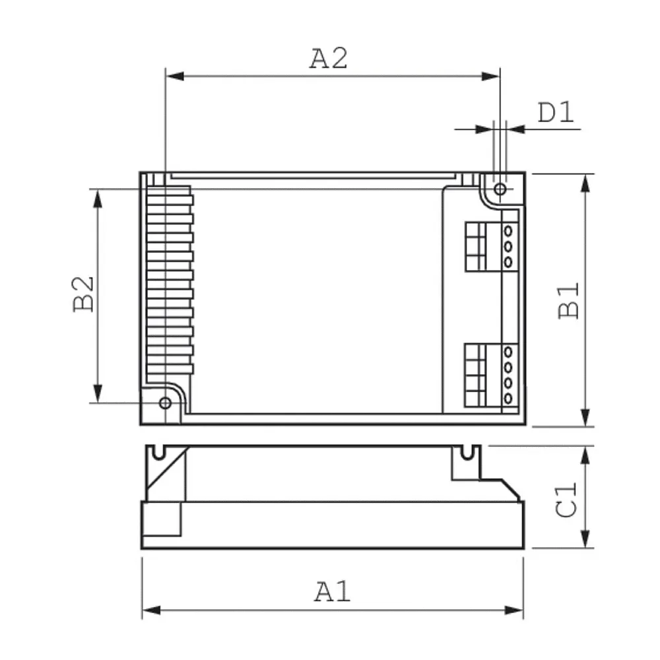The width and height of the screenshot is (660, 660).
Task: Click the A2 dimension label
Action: (329, 59)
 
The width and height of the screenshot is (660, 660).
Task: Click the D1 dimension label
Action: (556, 112)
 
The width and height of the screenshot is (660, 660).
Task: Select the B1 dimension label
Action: (569, 300)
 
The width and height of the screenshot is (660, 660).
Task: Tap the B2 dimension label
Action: (83, 294)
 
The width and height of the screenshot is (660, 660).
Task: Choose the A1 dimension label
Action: (333, 591)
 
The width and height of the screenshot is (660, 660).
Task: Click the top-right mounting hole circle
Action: (500, 189)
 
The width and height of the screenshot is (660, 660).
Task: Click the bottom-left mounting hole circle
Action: (166, 403)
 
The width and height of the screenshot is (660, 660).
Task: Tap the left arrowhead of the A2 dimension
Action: (175, 76)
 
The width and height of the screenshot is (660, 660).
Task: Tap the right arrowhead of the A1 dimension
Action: (514, 610)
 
